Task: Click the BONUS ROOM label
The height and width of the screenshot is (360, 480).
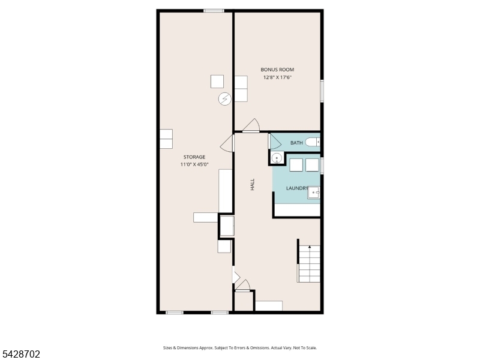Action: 277,70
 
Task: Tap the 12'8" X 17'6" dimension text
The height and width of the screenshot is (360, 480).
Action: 277,77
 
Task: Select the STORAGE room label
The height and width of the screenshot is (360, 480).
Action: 194,157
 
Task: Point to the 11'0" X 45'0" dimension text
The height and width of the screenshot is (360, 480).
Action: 194,164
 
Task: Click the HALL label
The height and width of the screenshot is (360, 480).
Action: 253,185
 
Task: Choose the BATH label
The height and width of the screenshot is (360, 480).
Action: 296,143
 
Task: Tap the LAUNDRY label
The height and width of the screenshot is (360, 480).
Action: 297,188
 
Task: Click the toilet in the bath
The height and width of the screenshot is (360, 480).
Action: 313,142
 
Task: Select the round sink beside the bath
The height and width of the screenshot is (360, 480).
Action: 277,158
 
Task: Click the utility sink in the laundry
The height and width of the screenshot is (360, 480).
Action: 314,193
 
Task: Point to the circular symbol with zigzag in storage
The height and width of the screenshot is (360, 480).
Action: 224,99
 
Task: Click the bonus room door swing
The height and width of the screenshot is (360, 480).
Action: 251,125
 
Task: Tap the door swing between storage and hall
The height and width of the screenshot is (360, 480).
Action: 227,143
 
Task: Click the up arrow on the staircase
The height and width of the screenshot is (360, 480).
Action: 310,247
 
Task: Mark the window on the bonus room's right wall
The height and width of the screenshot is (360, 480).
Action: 322,91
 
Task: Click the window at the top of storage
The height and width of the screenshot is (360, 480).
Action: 214,11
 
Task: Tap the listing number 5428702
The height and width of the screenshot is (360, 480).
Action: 20,354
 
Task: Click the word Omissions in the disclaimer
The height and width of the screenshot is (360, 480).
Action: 260,348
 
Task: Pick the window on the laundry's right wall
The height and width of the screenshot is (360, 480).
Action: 322,166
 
